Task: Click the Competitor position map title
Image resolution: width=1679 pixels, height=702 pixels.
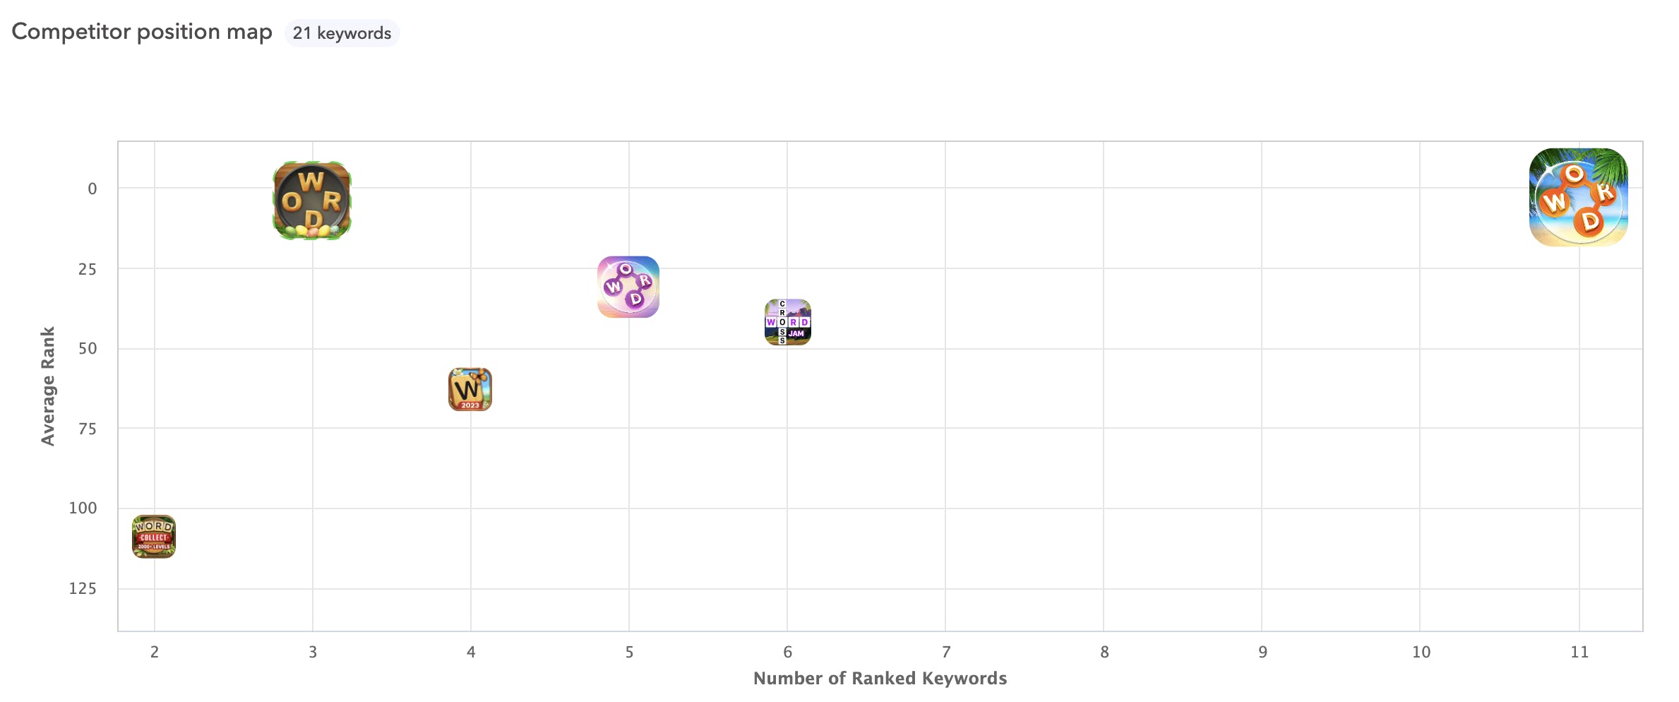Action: [142, 32]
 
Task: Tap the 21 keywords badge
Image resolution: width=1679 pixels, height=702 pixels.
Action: [342, 33]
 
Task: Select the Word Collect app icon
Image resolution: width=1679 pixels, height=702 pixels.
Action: [154, 537]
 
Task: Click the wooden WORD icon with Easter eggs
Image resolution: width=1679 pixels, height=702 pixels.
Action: [312, 201]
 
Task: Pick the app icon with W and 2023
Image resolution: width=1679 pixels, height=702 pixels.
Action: [470, 389]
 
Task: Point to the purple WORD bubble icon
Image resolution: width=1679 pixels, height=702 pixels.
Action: [628, 287]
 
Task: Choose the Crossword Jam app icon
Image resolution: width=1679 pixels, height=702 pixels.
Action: [788, 322]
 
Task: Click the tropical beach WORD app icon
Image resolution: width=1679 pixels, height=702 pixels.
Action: [1579, 197]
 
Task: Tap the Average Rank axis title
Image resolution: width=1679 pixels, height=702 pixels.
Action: [48, 386]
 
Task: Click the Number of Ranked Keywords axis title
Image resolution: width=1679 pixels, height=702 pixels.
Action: [880, 678]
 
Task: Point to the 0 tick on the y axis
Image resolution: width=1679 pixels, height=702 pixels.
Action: [92, 189]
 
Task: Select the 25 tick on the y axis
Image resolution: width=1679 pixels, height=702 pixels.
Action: [88, 269]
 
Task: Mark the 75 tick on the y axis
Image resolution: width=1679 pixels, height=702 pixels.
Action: [88, 429]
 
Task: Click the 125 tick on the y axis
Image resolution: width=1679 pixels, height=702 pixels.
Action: [83, 588]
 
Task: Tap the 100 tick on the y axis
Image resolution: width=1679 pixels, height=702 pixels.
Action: [83, 508]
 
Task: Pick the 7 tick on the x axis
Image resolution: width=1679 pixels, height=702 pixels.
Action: [946, 652]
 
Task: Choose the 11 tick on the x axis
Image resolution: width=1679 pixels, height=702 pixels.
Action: [1579, 652]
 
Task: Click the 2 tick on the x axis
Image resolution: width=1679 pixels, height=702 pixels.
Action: [155, 652]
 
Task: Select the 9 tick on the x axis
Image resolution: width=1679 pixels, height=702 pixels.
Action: [1262, 652]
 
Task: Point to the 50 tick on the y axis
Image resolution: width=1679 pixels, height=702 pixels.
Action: [88, 348]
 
